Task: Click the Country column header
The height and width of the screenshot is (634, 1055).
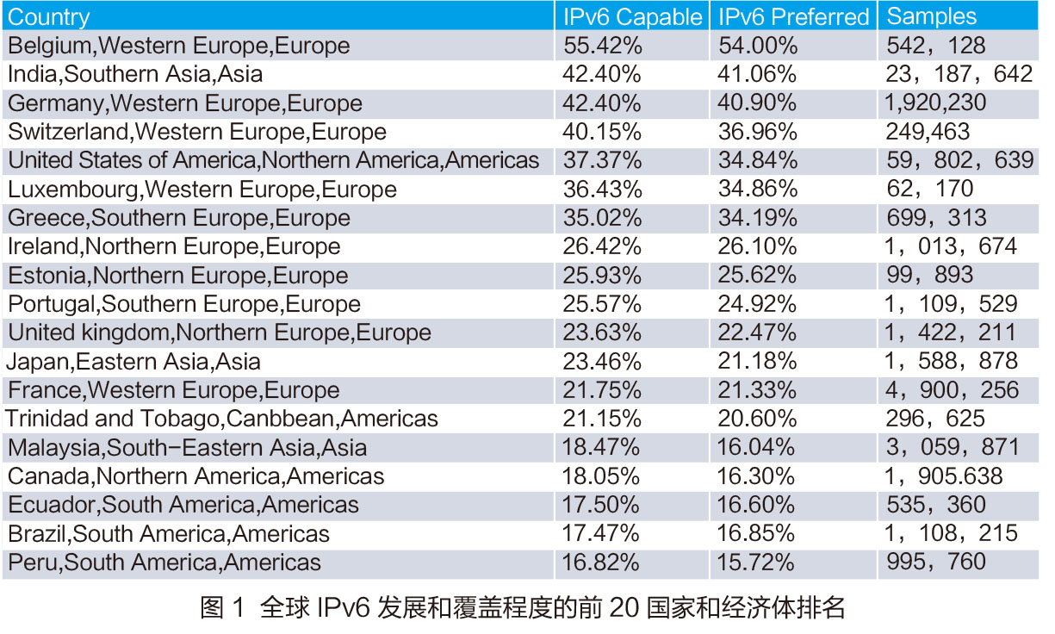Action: pos(48,16)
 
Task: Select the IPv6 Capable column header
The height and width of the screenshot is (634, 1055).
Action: pos(631,16)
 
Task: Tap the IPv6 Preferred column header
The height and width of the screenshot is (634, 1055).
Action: pos(793,16)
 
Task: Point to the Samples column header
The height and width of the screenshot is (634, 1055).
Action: pos(932,16)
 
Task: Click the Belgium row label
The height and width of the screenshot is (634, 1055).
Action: pos(179,46)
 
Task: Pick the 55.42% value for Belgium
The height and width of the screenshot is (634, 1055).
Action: pos(601,46)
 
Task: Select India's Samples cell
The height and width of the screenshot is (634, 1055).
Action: pos(959,74)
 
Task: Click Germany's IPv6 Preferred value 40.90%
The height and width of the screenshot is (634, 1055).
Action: pos(757,103)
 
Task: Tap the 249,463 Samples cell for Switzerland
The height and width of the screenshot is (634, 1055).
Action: pos(928,132)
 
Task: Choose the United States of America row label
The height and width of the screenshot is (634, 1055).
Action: pos(274,160)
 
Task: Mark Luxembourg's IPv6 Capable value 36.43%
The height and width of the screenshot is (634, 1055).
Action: pos(601,190)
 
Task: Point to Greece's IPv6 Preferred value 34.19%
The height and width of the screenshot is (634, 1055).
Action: pos(757,218)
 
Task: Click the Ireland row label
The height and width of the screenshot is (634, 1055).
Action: pos(174,246)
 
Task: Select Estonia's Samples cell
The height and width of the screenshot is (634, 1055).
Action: pos(929,276)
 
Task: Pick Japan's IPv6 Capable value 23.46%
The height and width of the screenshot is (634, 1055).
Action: pos(601,362)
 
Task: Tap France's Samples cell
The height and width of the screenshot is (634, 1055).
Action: pos(952,390)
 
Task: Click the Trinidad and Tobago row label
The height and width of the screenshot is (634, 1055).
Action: pos(223,419)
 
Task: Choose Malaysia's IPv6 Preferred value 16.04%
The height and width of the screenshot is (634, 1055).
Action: pos(757,448)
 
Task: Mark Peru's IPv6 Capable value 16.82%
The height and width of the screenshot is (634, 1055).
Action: pos(601,563)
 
